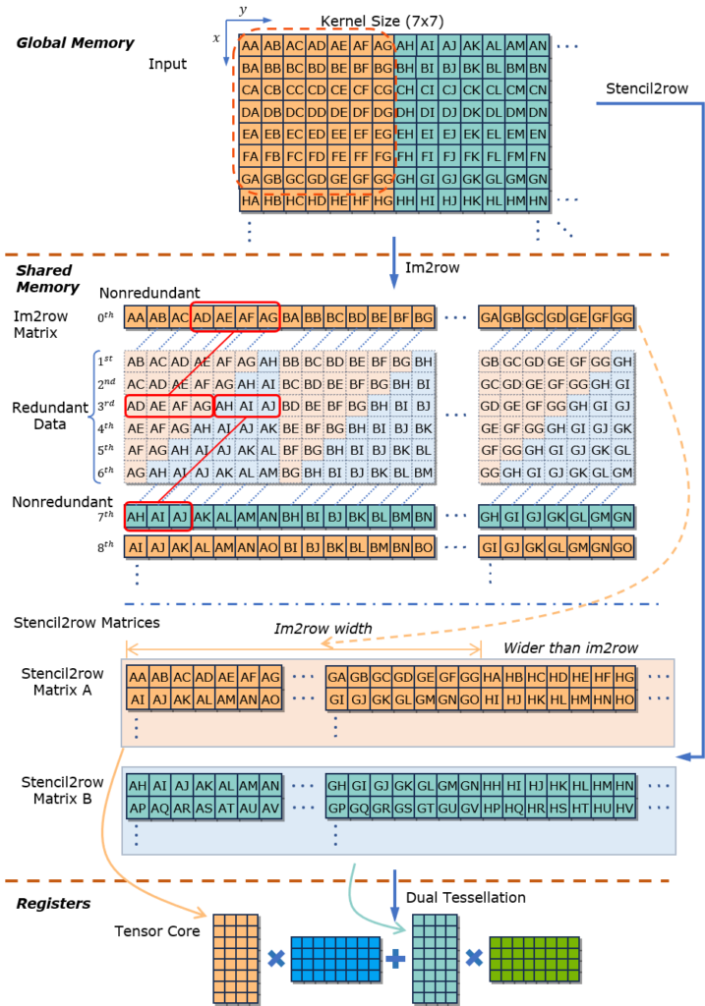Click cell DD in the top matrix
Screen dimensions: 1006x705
click(316, 112)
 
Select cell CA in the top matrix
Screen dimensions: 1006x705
click(250, 90)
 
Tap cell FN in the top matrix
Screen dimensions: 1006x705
click(538, 156)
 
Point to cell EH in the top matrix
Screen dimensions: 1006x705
click(404, 134)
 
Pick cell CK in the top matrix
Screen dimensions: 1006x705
click(471, 90)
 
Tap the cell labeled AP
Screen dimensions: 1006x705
click(138, 808)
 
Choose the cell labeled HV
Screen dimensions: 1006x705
click(623, 808)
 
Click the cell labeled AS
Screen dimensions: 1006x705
click(205, 808)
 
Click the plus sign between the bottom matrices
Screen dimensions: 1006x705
click(395, 959)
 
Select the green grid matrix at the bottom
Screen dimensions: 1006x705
click(534, 959)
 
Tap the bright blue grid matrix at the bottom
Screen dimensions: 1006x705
click(334, 959)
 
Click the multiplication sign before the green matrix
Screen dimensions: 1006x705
click(474, 959)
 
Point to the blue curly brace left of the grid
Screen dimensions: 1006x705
click(94, 417)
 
